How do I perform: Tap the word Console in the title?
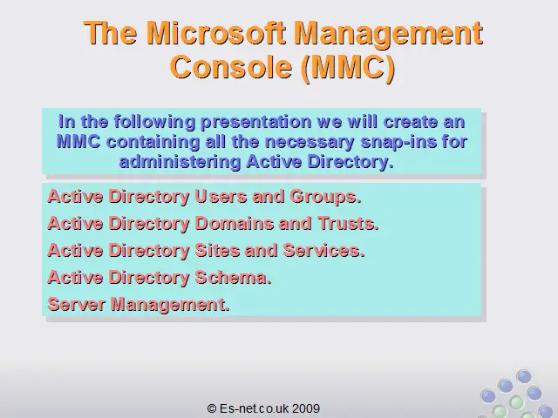click(231, 67)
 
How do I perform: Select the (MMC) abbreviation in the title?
click(348, 68)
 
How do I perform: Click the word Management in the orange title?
click(389, 34)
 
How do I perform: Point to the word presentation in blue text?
click(256, 122)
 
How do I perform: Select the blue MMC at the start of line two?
click(78, 142)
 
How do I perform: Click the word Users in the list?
click(221, 197)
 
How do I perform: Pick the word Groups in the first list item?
click(325, 198)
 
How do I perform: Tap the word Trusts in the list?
click(348, 224)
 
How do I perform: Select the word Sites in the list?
click(217, 251)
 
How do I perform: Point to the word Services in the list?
click(323, 251)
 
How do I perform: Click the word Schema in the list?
click(233, 278)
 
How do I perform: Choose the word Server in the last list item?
click(76, 305)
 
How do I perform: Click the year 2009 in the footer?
click(306, 408)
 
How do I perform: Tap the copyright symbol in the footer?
click(212, 408)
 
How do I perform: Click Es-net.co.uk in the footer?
click(254, 408)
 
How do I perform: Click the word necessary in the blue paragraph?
click(310, 143)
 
